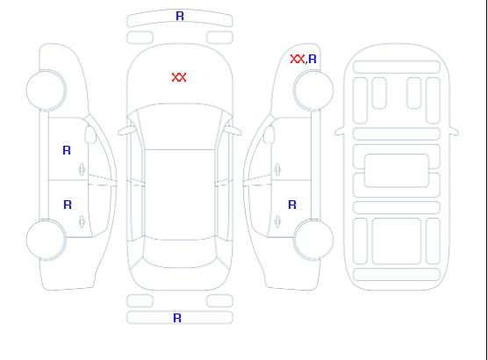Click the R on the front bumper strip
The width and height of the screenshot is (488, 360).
[x=180, y=16]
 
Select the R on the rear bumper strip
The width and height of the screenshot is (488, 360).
[x=177, y=318]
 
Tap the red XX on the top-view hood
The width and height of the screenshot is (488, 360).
[x=179, y=77]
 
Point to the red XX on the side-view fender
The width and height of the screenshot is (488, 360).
[x=298, y=59]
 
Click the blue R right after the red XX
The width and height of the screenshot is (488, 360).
[x=312, y=59]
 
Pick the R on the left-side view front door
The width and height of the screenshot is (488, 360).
[x=67, y=150]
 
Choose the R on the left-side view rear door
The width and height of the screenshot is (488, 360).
[x=68, y=205]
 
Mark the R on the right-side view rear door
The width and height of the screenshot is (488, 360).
[x=292, y=205]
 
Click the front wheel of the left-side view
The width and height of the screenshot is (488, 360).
[x=46, y=90]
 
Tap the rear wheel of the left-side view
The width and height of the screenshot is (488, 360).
[x=46, y=240]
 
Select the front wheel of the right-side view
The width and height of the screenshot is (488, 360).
[x=313, y=90]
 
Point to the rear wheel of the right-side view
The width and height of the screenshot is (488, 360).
[x=313, y=239]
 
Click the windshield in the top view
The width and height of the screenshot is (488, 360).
[x=180, y=126]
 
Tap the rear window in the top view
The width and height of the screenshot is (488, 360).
[x=180, y=253]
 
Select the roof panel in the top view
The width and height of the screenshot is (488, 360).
[x=180, y=195]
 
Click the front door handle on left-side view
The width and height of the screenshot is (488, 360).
[x=83, y=169]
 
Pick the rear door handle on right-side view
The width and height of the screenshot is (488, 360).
[x=277, y=222]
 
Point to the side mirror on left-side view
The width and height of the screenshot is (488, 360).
[x=90, y=134]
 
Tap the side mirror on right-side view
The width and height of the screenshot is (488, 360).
[x=269, y=134]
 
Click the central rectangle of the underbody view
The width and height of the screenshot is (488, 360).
[x=397, y=170]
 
